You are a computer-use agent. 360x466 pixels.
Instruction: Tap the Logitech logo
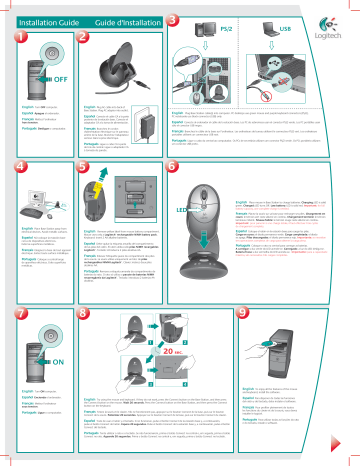[337, 15]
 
